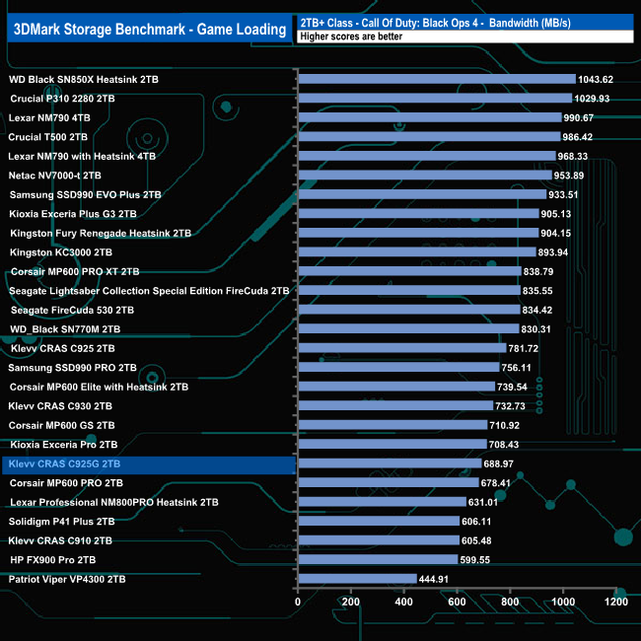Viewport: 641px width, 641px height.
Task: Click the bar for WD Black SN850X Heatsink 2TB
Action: [436, 79]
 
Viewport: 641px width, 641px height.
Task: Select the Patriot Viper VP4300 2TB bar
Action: [356, 579]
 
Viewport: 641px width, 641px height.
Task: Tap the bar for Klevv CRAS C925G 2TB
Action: [389, 463]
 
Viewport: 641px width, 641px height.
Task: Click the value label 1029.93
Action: [594, 99]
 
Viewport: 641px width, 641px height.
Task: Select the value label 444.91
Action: [438, 579]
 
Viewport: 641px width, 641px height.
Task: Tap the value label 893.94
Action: [558, 252]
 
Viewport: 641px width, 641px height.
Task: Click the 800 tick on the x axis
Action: [510, 601]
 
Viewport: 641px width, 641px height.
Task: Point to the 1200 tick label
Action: [615, 601]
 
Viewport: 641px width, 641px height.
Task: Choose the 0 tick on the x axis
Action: [298, 601]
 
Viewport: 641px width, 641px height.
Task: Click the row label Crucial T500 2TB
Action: [48, 137]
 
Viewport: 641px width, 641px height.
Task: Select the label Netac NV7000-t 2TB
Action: [55, 176]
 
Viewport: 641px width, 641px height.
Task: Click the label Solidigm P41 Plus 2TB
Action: [62, 522]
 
